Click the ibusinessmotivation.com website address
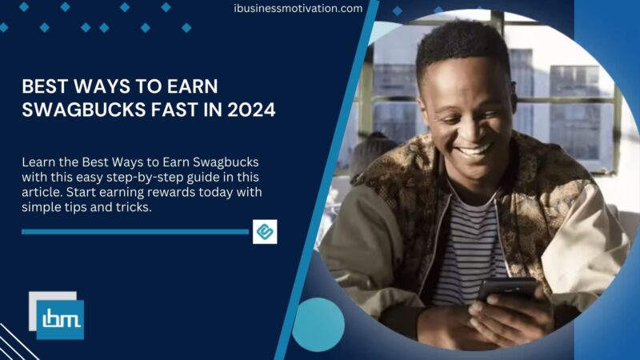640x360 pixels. point(298,9)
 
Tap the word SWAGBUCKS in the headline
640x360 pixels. point(78,110)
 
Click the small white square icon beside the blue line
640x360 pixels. point(265,231)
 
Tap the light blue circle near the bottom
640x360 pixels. point(318,324)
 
